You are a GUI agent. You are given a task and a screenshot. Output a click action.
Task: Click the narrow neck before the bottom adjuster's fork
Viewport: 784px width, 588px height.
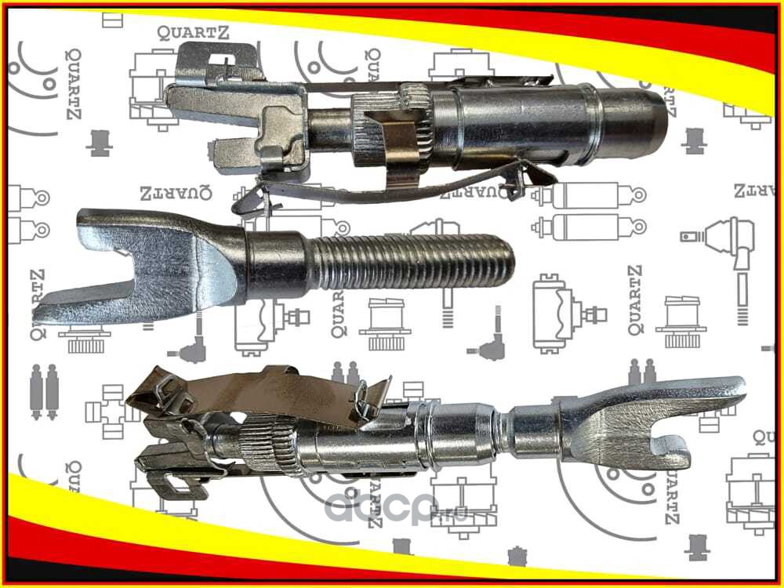point(533,427)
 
